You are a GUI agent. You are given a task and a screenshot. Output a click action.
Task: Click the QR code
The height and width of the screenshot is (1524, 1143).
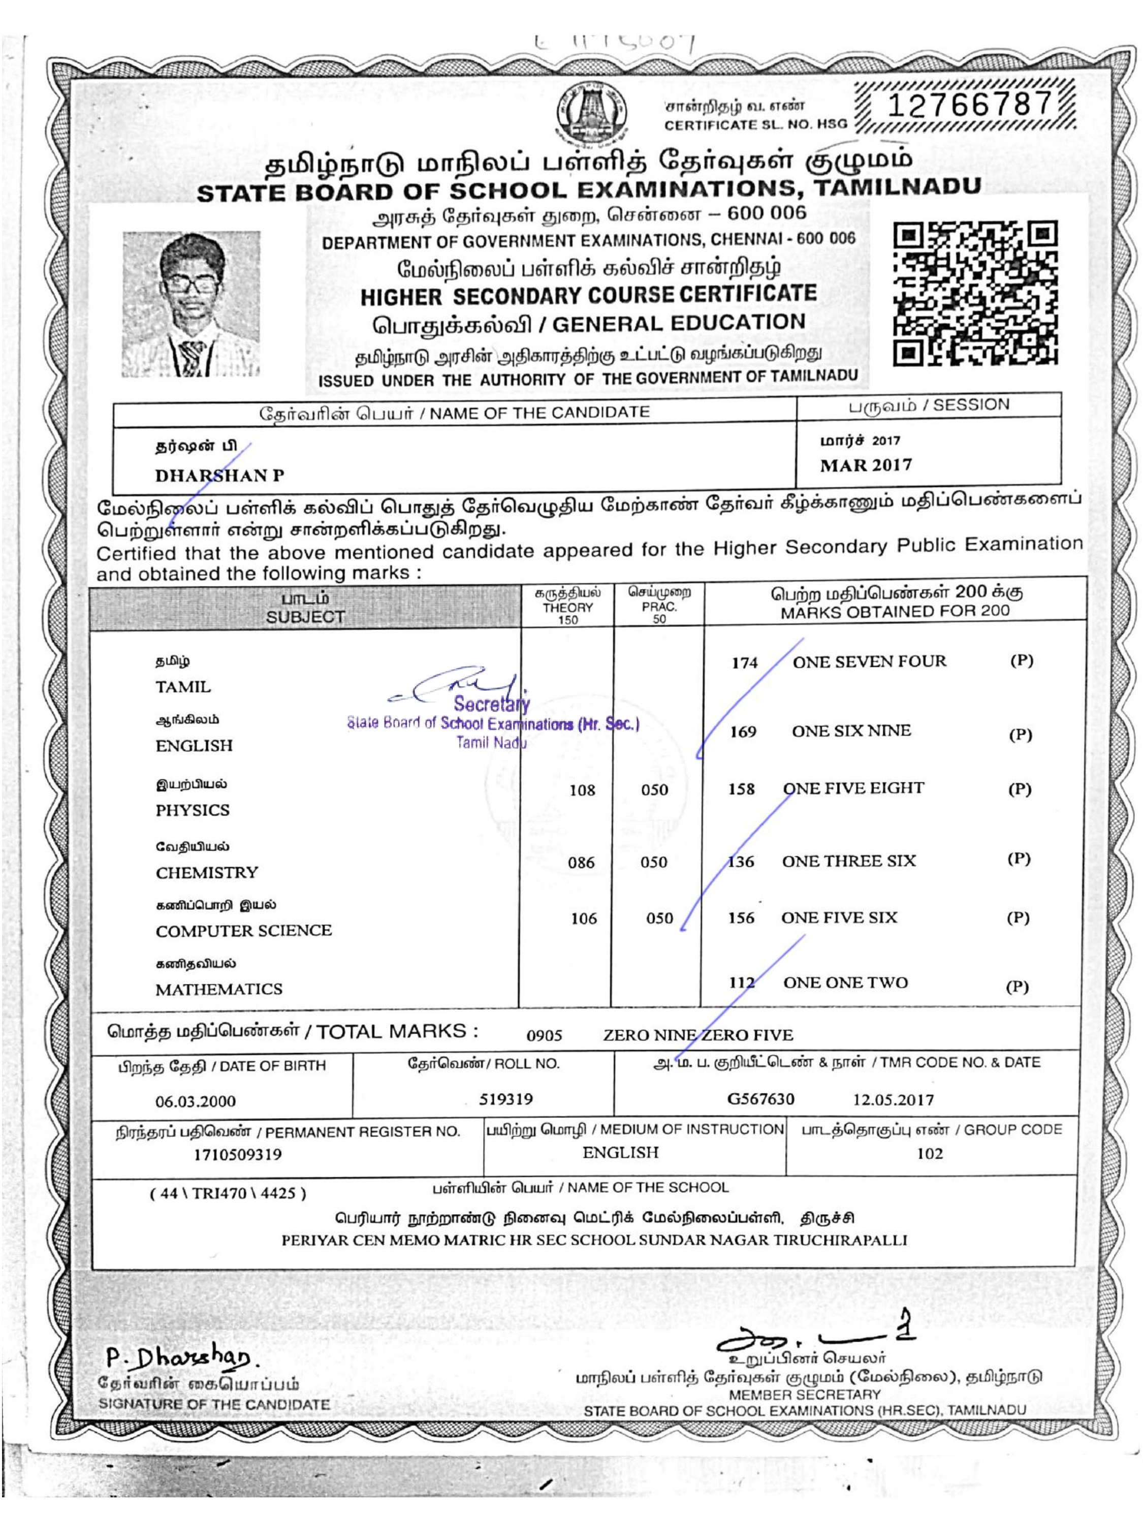pos(975,293)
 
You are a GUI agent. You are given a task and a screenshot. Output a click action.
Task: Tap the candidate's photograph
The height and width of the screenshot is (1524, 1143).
pos(192,304)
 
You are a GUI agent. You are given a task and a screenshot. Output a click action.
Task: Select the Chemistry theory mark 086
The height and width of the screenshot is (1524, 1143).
pos(581,863)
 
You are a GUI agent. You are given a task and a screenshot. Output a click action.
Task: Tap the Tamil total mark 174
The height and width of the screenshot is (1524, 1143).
pos(744,663)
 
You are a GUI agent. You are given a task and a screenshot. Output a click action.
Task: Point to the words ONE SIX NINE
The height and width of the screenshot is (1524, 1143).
pos(851,731)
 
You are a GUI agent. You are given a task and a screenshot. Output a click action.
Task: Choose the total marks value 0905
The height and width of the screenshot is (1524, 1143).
pos(544,1035)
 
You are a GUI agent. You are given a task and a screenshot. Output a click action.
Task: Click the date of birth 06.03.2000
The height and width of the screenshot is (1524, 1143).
pos(196,1101)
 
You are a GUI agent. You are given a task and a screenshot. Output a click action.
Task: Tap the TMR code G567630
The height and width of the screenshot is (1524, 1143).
pos(760,1099)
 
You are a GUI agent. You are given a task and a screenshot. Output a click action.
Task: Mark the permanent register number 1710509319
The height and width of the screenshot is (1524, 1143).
pos(238,1155)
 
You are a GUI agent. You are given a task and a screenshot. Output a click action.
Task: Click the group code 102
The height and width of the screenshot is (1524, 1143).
pos(930,1153)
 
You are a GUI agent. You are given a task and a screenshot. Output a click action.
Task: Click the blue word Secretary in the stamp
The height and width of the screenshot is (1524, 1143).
pos(492,704)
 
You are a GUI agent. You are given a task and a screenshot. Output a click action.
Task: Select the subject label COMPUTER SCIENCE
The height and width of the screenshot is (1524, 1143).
pos(244,931)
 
